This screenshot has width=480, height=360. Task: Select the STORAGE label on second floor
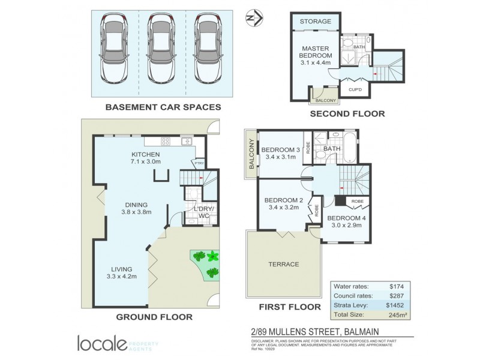316,22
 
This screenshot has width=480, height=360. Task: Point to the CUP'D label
355,90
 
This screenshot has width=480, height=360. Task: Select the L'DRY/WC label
198,211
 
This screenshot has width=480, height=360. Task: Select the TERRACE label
283,264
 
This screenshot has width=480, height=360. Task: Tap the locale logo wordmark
102,343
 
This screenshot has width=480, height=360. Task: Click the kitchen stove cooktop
166,142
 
